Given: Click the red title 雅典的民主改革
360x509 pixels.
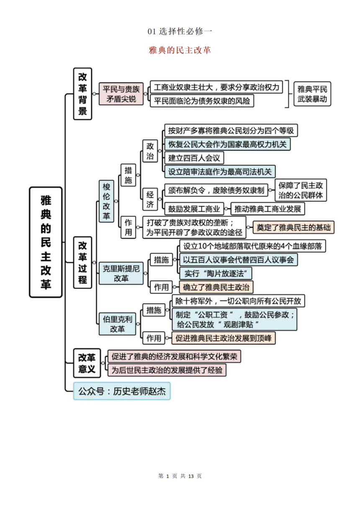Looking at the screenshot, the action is click(x=180, y=50).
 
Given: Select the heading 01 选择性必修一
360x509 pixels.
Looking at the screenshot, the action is click(x=180, y=31).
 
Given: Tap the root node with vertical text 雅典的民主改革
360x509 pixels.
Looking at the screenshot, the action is click(x=46, y=242).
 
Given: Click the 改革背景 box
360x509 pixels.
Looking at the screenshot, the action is click(x=82, y=94).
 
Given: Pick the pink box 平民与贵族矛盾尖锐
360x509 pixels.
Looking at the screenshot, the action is click(x=121, y=94).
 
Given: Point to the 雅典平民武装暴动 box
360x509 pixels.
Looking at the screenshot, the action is click(x=312, y=94).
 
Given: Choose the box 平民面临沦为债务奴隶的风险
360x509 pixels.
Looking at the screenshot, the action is click(x=202, y=101).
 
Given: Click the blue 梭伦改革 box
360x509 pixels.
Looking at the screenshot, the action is click(x=106, y=201).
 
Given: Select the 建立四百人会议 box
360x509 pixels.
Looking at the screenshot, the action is click(x=194, y=158).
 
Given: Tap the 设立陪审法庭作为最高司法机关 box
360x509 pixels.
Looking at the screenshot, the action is click(x=220, y=171).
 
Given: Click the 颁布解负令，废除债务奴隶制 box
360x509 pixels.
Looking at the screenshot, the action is click(x=216, y=190).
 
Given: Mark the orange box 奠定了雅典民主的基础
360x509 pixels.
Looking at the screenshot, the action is click(x=293, y=227).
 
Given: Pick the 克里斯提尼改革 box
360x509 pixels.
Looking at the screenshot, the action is click(x=121, y=273).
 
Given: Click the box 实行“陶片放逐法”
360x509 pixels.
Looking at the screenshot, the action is click(x=216, y=274).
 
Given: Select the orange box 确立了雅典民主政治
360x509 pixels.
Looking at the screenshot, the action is click(x=216, y=287).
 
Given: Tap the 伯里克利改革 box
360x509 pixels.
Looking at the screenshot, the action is click(x=117, y=324).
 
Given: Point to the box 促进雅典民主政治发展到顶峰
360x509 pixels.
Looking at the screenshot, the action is click(x=224, y=338).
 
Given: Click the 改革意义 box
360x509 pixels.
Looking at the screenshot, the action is click(x=87, y=363).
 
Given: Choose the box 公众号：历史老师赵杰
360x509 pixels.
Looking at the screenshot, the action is click(x=122, y=391).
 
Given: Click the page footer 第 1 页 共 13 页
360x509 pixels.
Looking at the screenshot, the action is click(x=180, y=476).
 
